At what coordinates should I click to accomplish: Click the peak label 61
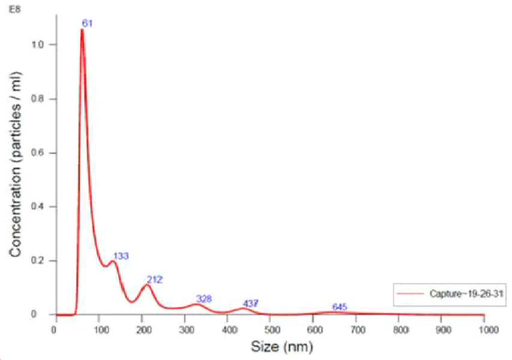87,23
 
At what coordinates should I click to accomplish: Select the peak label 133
121,256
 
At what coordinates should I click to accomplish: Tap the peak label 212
155,280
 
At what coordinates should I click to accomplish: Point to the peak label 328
204,299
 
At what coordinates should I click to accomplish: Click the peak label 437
251,304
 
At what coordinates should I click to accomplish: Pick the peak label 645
339,307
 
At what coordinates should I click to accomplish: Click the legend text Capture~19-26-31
466,294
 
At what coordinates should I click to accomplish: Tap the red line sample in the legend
410,294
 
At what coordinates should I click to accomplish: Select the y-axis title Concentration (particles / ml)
16,164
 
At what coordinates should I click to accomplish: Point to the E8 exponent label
15,9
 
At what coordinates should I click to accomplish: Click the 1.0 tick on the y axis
38,45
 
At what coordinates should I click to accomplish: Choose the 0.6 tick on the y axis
38,153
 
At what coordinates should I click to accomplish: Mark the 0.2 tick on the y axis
38,261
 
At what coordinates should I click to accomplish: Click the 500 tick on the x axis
272,330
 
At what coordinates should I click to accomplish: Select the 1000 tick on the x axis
487,330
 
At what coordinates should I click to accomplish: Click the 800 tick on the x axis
400,330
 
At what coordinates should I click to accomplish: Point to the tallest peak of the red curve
82,30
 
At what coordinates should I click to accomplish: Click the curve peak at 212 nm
147,285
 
